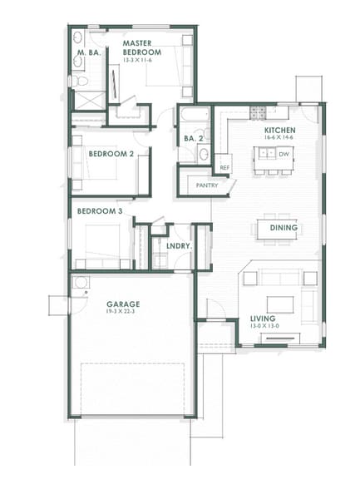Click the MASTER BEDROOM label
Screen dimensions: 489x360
(x=141, y=47)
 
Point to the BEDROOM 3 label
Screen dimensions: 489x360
(x=100, y=211)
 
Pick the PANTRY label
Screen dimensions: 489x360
(x=207, y=185)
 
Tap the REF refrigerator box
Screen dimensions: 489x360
(x=224, y=167)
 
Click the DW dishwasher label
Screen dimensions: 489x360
(x=284, y=154)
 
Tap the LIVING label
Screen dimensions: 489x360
(x=264, y=319)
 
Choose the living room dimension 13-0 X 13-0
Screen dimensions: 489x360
(x=264, y=327)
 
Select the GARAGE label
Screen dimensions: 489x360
(x=122, y=304)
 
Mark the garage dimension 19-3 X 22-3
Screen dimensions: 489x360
(x=122, y=313)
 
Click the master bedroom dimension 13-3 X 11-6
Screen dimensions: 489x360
(x=141, y=60)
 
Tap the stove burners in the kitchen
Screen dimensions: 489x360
(x=258, y=111)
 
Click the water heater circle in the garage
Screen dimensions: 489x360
(x=80, y=284)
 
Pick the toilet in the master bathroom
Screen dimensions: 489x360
(x=76, y=81)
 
